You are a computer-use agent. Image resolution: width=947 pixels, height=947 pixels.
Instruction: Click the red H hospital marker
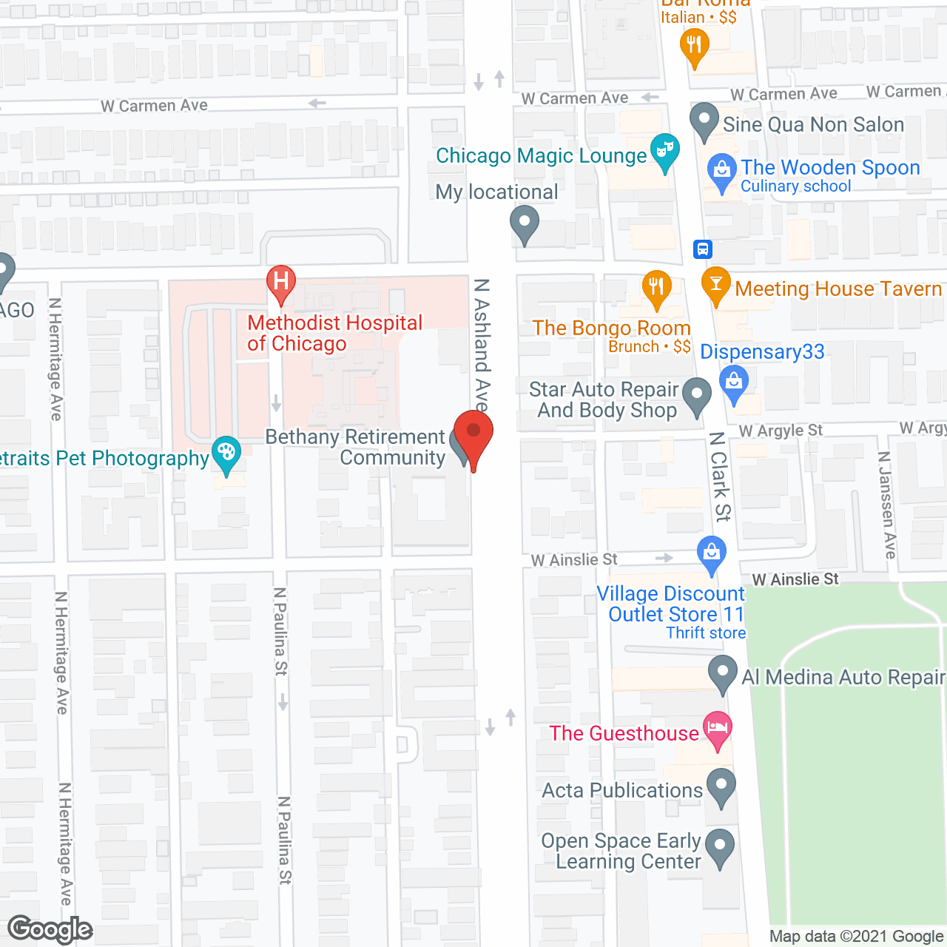281,283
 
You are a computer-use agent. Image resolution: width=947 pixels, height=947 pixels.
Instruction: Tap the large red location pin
473,434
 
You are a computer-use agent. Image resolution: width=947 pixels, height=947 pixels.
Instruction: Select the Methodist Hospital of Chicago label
334,333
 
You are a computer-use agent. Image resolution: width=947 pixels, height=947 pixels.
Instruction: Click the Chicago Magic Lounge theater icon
664,151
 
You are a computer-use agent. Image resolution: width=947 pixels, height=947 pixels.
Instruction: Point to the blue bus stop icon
702,249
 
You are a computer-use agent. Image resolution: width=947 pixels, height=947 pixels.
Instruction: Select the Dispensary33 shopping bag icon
734,383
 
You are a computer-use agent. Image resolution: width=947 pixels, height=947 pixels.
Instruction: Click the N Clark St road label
719,476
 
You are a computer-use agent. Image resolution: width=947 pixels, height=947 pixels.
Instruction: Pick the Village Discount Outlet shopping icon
712,553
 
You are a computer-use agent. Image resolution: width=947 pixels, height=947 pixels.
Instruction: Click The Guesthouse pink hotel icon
717,728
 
